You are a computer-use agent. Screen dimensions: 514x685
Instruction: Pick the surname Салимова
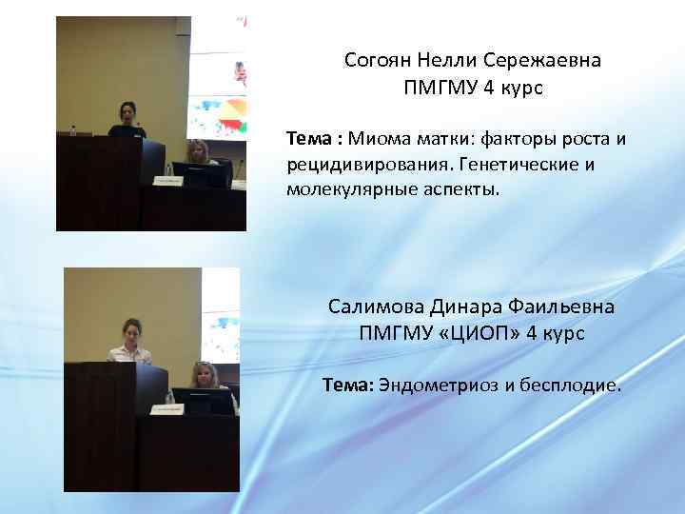click(x=372, y=308)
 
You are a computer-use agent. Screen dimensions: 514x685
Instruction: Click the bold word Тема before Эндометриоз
click(x=347, y=385)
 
